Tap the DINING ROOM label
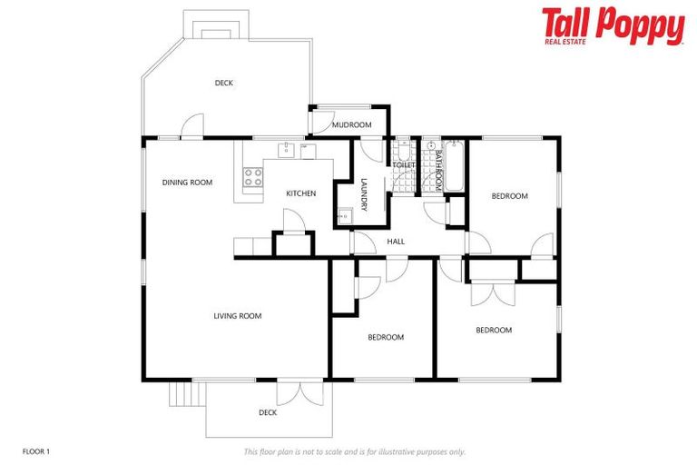(x=187, y=183)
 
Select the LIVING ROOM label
(x=238, y=316)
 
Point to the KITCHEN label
(x=301, y=193)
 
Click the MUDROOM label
(x=351, y=124)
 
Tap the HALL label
(x=396, y=242)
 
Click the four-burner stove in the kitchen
(x=253, y=177)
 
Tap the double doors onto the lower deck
(x=300, y=392)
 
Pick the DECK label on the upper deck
(x=224, y=83)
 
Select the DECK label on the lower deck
(x=268, y=412)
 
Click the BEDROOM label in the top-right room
(x=509, y=195)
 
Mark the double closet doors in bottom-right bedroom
(x=493, y=292)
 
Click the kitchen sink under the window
(x=285, y=149)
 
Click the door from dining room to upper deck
(x=191, y=128)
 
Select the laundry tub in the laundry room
(x=345, y=216)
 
